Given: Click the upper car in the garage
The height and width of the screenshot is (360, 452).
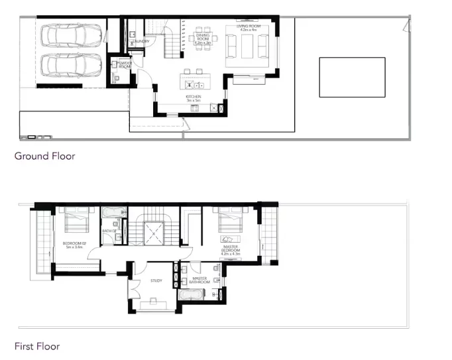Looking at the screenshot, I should click(x=72, y=36).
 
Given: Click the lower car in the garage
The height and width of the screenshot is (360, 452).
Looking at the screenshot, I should click(x=72, y=66).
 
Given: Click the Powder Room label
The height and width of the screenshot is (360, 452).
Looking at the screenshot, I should click(x=124, y=66).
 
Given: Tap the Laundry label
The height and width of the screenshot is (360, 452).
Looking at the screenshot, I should click(x=140, y=41).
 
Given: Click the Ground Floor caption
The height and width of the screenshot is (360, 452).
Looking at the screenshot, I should click(x=44, y=156).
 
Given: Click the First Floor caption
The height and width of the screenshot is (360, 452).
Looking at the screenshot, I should click(x=37, y=346).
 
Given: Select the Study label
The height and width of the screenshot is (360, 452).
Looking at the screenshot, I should click(x=156, y=281).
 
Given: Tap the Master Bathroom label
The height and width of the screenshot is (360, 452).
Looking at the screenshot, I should click(x=200, y=280).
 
